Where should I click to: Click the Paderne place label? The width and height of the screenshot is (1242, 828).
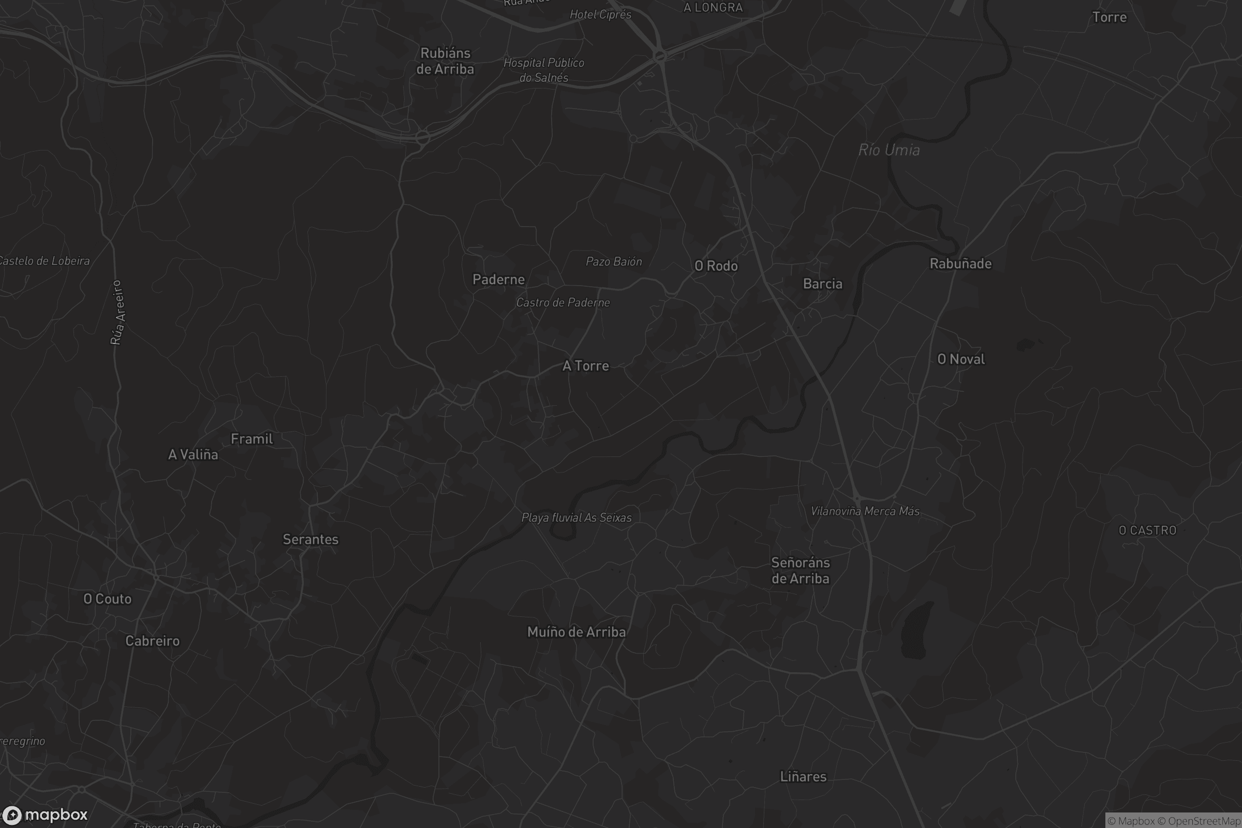coord(498,279)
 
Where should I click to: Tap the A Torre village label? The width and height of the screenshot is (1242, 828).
coord(586,366)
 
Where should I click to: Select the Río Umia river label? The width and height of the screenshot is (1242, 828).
coord(889,151)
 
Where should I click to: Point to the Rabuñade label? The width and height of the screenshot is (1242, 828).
coord(960,263)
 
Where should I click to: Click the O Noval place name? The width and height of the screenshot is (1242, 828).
coord(960,360)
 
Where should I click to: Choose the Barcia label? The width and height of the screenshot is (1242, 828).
coord(822,284)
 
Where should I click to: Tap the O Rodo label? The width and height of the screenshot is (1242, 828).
coord(716,266)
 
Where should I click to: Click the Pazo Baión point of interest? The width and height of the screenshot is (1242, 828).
coord(614,261)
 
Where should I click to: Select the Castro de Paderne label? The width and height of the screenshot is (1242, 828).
coord(563,303)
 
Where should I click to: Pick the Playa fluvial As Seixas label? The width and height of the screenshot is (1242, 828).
coord(576,517)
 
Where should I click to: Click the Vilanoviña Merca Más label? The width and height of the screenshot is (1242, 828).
coord(865,511)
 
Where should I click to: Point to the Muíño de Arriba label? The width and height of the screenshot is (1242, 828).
coord(576,632)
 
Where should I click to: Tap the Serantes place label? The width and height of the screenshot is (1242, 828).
coord(310,540)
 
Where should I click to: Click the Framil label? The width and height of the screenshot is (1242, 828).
coord(252,439)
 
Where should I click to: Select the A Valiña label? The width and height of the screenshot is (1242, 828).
coord(193,455)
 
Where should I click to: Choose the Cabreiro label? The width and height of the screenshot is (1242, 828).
coord(152,641)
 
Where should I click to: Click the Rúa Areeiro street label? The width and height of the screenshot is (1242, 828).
coord(117,313)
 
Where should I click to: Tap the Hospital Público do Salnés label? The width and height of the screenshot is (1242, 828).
coord(543,70)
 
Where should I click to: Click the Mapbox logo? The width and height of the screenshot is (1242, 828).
coord(45,815)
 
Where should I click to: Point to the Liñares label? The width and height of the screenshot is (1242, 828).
coord(803,777)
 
